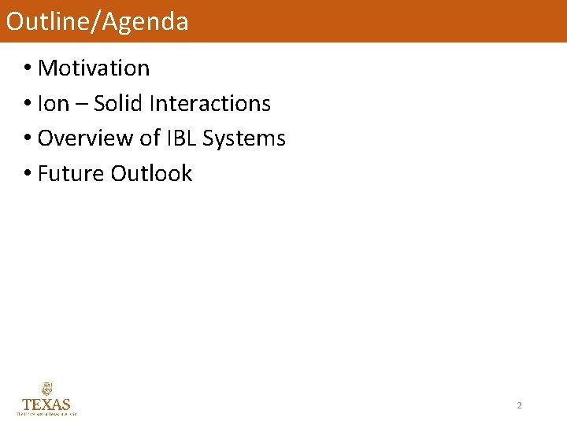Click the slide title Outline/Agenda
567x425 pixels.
point(97,21)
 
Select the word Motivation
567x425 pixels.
point(93,68)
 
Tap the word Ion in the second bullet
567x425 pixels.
point(53,104)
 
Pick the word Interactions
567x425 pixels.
point(209,104)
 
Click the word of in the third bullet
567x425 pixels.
point(150,139)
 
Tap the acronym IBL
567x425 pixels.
point(180,139)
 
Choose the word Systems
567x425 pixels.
point(243,139)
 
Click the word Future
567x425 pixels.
point(71,173)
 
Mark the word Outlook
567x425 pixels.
point(151,173)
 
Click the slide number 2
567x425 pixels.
point(519,405)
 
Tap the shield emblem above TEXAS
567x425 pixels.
point(46,389)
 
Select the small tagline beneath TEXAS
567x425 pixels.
point(46,412)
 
